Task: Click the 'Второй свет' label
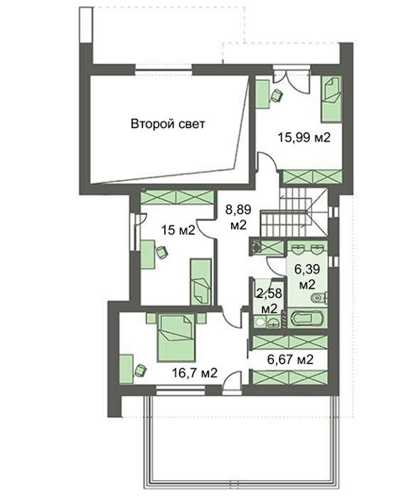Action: tap(168, 124)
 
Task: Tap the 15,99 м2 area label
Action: tap(304, 137)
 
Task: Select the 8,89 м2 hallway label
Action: tap(238, 217)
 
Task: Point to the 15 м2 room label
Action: tap(178, 230)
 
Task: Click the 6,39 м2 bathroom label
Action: tap(307, 277)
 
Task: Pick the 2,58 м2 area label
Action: tap(270, 300)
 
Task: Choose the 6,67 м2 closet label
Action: tap(290, 359)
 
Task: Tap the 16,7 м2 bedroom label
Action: tap(195, 373)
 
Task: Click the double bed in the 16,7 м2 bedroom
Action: tap(176, 337)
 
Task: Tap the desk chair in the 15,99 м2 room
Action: tap(277, 95)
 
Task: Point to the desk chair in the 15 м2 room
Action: tap(162, 252)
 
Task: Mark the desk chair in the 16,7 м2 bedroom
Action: tap(140, 370)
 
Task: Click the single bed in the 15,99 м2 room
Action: tap(331, 99)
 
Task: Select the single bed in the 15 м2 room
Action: tap(201, 282)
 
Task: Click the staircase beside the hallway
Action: tap(293, 212)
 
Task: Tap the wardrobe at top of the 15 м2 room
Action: tap(176, 197)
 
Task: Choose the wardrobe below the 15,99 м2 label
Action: tap(312, 177)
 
